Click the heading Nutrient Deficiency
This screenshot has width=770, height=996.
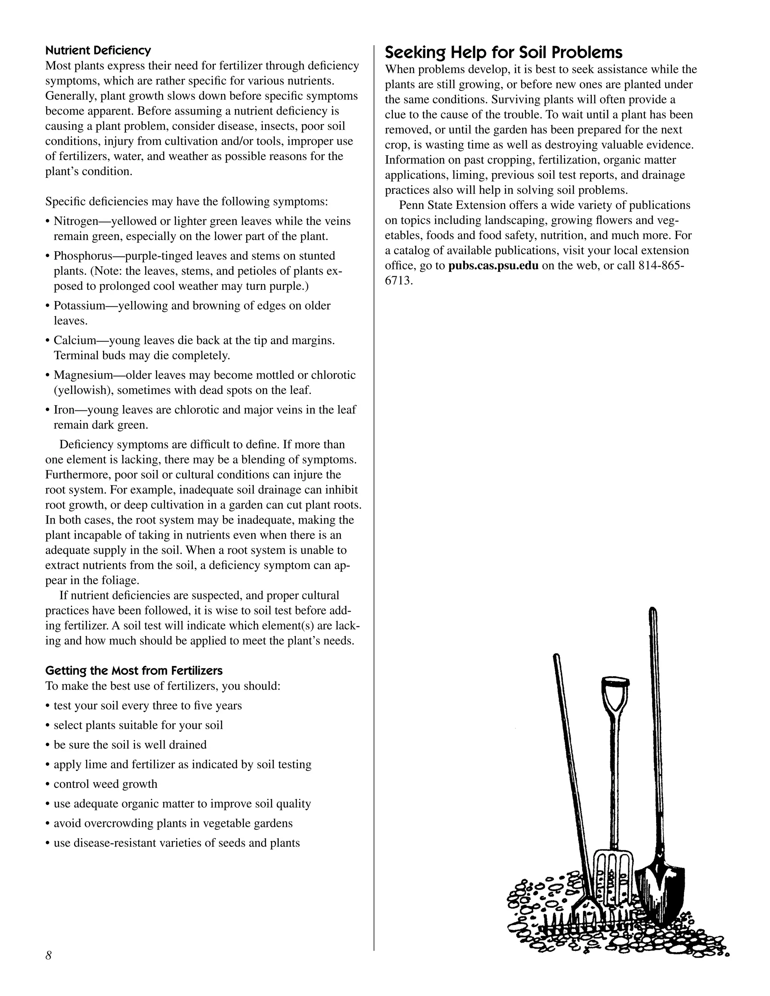tap(98, 50)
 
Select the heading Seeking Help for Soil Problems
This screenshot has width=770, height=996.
tap(503, 53)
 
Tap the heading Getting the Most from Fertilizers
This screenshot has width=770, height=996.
tap(133, 671)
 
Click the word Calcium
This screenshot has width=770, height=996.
tap(74, 340)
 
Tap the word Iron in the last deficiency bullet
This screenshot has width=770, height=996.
tap(64, 410)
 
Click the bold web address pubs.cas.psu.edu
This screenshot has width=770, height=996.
tap(493, 265)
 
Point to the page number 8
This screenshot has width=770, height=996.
tap(49, 955)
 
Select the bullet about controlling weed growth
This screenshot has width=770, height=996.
tap(105, 784)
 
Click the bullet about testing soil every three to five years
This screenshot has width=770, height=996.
tap(147, 705)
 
